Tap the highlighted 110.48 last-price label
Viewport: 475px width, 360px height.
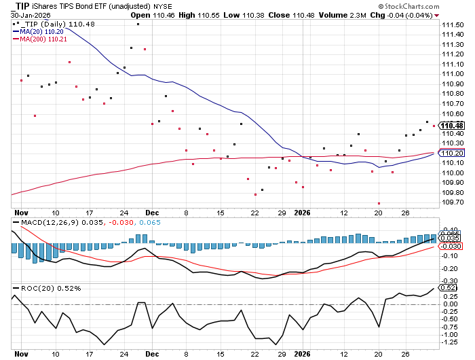(x=452, y=126)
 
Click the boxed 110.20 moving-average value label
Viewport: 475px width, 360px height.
(x=452, y=154)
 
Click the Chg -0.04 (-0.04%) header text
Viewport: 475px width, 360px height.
(x=404, y=14)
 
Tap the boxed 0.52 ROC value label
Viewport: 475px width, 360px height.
(x=449, y=288)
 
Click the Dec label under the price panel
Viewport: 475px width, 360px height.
(x=152, y=211)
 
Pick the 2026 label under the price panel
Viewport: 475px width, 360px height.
(x=303, y=211)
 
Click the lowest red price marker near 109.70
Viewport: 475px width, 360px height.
(x=379, y=203)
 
